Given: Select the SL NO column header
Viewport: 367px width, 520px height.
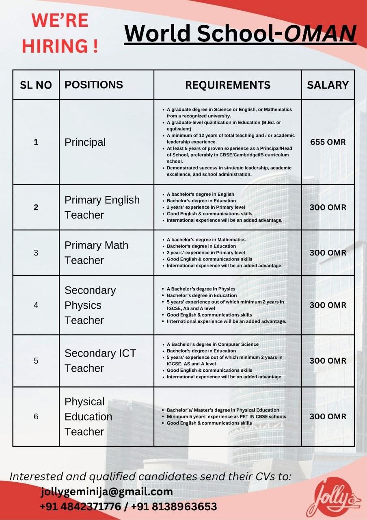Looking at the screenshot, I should (36, 85).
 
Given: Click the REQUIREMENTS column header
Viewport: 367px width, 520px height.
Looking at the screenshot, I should (228, 85).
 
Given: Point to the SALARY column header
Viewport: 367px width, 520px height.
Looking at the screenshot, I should (328, 85).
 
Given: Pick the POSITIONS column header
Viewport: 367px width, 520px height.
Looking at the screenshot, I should (93, 84).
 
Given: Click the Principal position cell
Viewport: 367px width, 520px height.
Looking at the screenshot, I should (85, 142).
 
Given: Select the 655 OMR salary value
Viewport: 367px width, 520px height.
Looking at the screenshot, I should (328, 142).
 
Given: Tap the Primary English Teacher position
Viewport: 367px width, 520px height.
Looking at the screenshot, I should (102, 207).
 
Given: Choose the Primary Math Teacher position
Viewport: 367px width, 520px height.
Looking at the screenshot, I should (96, 253).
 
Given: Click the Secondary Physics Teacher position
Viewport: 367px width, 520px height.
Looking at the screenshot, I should (90, 305).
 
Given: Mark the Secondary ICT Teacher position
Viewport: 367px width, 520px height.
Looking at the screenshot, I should (100, 360).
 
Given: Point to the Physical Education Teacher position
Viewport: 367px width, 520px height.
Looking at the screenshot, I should (88, 416).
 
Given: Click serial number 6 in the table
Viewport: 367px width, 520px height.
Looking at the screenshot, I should (36, 416).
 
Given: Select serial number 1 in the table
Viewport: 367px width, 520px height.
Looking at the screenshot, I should (36, 142).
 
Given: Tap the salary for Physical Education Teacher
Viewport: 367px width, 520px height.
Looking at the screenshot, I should (328, 416).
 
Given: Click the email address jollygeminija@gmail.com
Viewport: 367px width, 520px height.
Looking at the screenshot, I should (107, 492).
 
